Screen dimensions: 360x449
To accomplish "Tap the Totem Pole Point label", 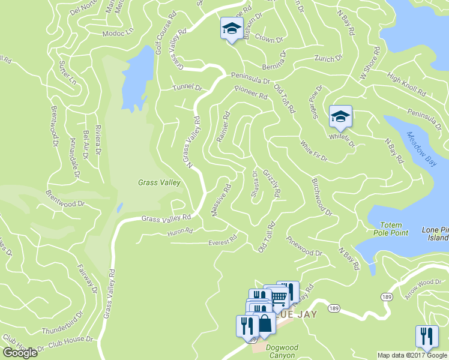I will (384, 229).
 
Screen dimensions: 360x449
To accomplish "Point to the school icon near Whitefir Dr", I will (340, 116).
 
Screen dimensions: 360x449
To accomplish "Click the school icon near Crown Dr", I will (231, 29).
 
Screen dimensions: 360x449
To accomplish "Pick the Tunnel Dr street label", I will (187, 88).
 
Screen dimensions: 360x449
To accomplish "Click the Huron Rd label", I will (180, 231).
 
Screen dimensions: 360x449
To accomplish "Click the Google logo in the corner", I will (20, 353).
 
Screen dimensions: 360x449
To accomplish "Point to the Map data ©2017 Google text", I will (412, 355).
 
